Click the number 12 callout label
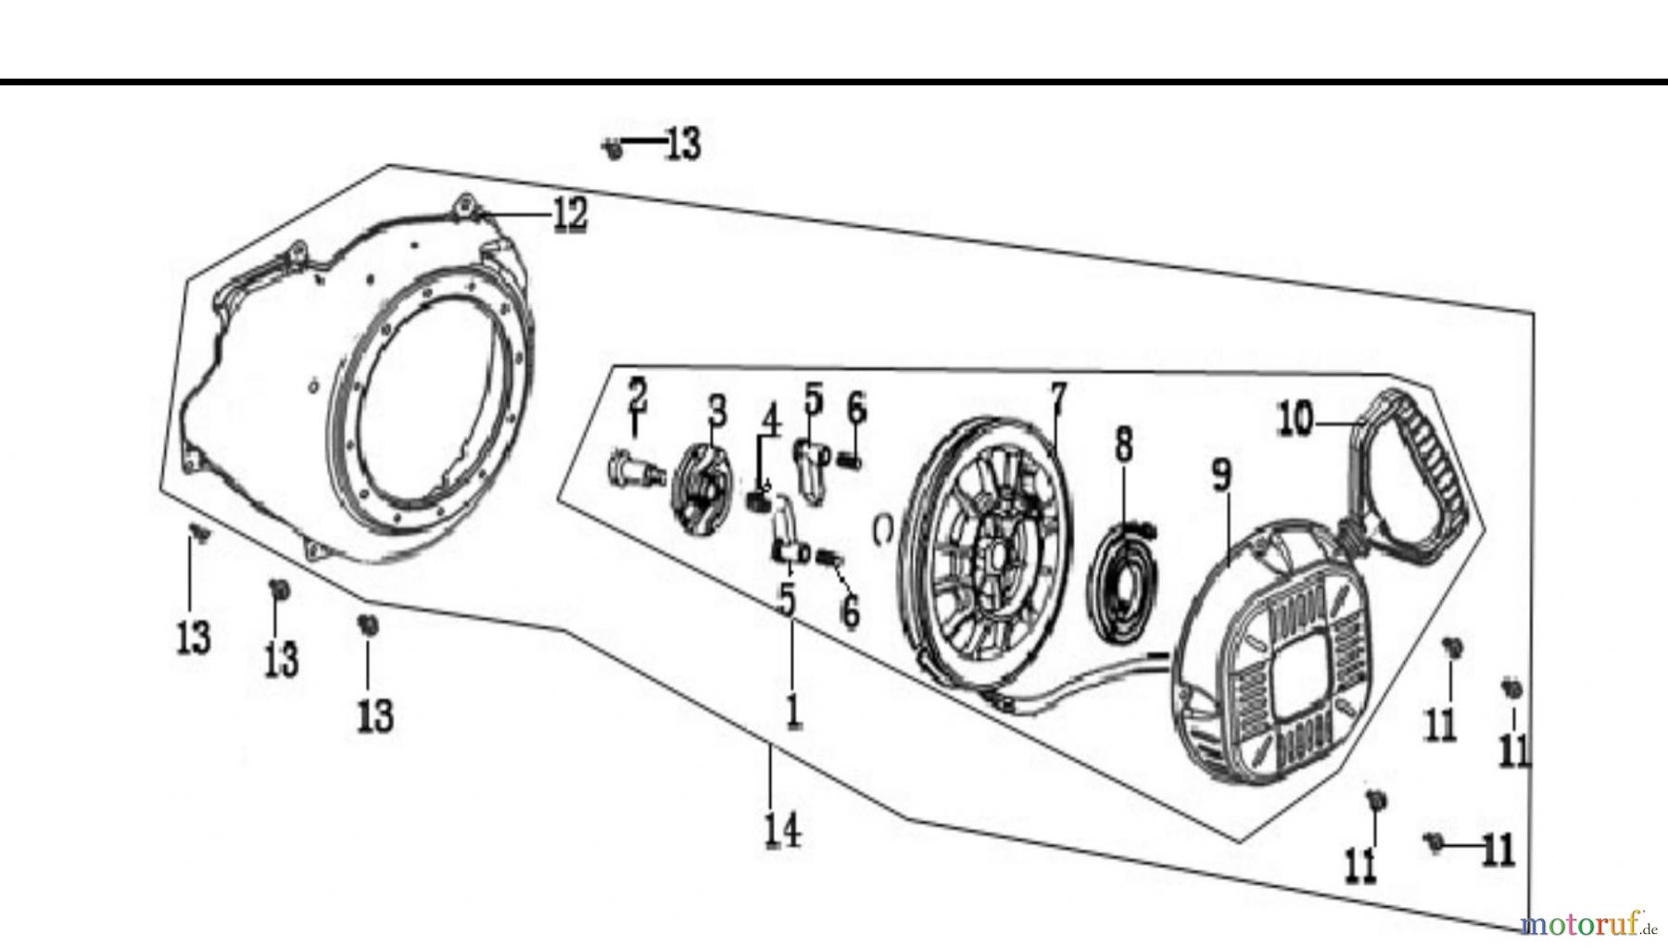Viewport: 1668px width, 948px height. pyautogui.click(x=570, y=215)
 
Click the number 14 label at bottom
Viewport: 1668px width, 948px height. pyautogui.click(x=782, y=829)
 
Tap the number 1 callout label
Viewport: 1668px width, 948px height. pyautogui.click(x=792, y=711)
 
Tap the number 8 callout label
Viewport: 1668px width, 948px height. pyautogui.click(x=1123, y=444)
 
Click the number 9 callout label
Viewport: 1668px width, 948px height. pyautogui.click(x=1222, y=475)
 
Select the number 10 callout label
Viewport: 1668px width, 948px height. pyautogui.click(x=1295, y=420)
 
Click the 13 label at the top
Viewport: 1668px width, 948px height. pyautogui.click(x=683, y=145)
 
